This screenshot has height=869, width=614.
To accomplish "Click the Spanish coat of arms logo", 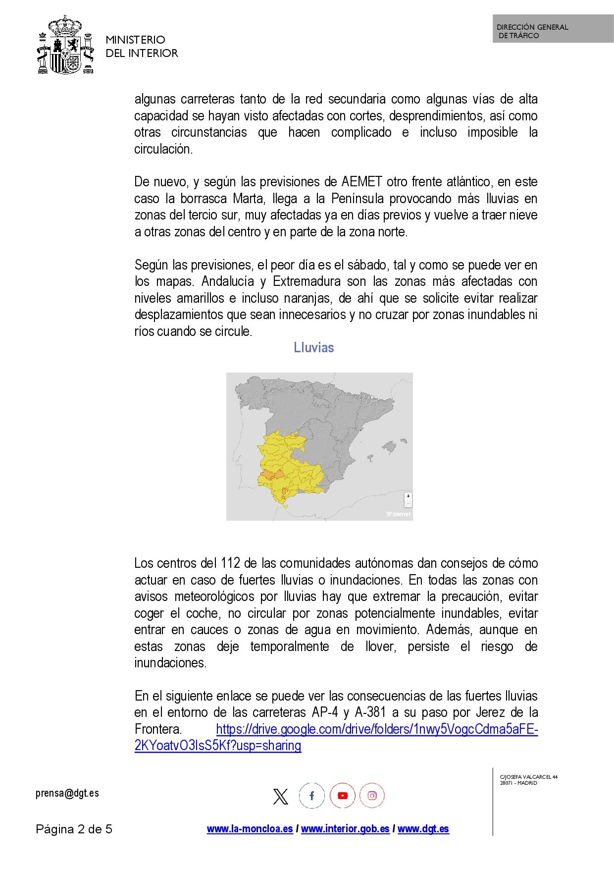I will pyautogui.click(x=65, y=45).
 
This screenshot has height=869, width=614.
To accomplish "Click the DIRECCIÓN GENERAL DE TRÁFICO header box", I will pyautogui.click(x=553, y=29).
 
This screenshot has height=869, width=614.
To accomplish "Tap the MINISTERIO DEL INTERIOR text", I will pyautogui.click(x=142, y=47).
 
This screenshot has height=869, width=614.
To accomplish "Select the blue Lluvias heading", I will pyautogui.click(x=314, y=347).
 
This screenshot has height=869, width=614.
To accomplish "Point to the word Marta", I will pyautogui.click(x=249, y=199).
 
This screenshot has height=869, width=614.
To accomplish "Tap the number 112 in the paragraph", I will pyautogui.click(x=230, y=563).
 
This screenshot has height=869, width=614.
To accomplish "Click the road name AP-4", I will pyautogui.click(x=325, y=712).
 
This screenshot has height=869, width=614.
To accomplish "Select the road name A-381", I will pyautogui.click(x=370, y=712).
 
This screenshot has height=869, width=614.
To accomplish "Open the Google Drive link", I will pyautogui.click(x=376, y=729).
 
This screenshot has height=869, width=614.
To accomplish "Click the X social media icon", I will pyautogui.click(x=281, y=796).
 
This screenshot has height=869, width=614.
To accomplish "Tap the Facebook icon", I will pyautogui.click(x=311, y=796).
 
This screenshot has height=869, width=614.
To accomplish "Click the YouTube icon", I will pyautogui.click(x=342, y=796).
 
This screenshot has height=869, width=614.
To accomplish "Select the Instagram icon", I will pyautogui.click(x=372, y=796).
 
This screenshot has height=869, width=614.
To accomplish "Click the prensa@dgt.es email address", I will pyautogui.click(x=67, y=793).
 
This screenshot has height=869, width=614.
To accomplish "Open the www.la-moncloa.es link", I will pyautogui.click(x=250, y=829).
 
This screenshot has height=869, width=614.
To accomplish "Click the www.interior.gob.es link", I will pyautogui.click(x=345, y=829).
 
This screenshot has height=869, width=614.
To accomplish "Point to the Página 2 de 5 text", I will pyautogui.click(x=74, y=829).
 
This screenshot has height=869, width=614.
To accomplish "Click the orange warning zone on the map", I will pyautogui.click(x=272, y=475).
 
